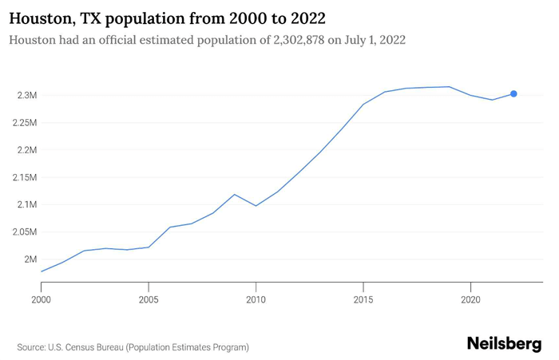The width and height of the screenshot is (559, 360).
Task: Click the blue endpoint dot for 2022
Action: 513,94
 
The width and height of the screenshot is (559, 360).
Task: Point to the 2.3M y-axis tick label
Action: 26,96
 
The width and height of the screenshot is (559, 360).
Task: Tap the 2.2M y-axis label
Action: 26,150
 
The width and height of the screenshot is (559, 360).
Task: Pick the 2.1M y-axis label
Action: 26,204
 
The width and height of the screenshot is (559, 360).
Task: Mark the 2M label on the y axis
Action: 30,259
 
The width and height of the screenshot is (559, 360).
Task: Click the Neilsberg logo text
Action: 504,343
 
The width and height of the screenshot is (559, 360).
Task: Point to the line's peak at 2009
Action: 234,194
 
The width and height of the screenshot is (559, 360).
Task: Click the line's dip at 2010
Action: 256,206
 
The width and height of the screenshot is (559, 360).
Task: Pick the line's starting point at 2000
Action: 41,271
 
